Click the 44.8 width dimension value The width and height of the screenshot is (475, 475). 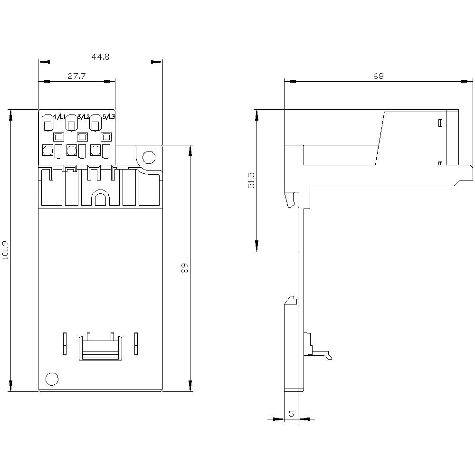tap(100, 57)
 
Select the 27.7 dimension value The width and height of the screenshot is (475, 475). tap(76, 76)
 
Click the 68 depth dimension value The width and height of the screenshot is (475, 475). tap(378, 76)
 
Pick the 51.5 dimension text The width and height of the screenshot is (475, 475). tap(251, 180)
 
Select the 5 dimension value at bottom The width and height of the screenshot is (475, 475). tap(291, 414)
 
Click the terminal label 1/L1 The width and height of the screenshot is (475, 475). tap(60, 117)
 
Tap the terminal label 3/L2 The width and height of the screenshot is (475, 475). tap(84, 117)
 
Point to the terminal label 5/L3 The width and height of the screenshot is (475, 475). tap(109, 117)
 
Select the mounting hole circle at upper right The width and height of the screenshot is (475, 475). tap(149, 156)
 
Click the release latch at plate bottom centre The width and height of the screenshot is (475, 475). tap(100, 349)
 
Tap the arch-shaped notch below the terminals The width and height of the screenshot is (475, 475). tap(100, 198)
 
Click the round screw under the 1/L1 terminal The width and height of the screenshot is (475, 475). tap(47, 151)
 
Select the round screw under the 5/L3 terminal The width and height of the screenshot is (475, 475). tap(95, 151)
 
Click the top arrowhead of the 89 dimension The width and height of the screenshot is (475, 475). tap(190, 150)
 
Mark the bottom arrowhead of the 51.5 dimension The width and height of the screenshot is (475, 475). tap(256, 246)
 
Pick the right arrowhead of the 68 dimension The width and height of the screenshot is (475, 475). tap(467, 81)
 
